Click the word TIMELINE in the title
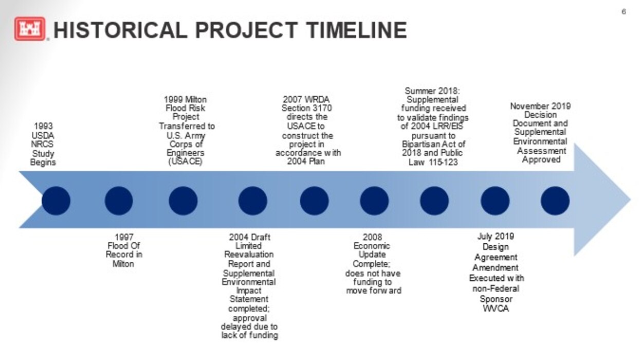356,30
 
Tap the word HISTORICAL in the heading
120,30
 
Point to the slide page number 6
624,12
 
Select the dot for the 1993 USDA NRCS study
56,201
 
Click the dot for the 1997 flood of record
119,201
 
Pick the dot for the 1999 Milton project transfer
183,201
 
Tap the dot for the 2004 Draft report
252,201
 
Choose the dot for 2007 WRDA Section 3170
314,201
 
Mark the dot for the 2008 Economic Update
374,201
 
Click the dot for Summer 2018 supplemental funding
434,201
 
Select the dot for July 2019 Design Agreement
495,201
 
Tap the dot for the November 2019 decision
555,201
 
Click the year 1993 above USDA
43,126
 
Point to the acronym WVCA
496,309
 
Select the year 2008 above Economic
372,237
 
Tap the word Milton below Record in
123,264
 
